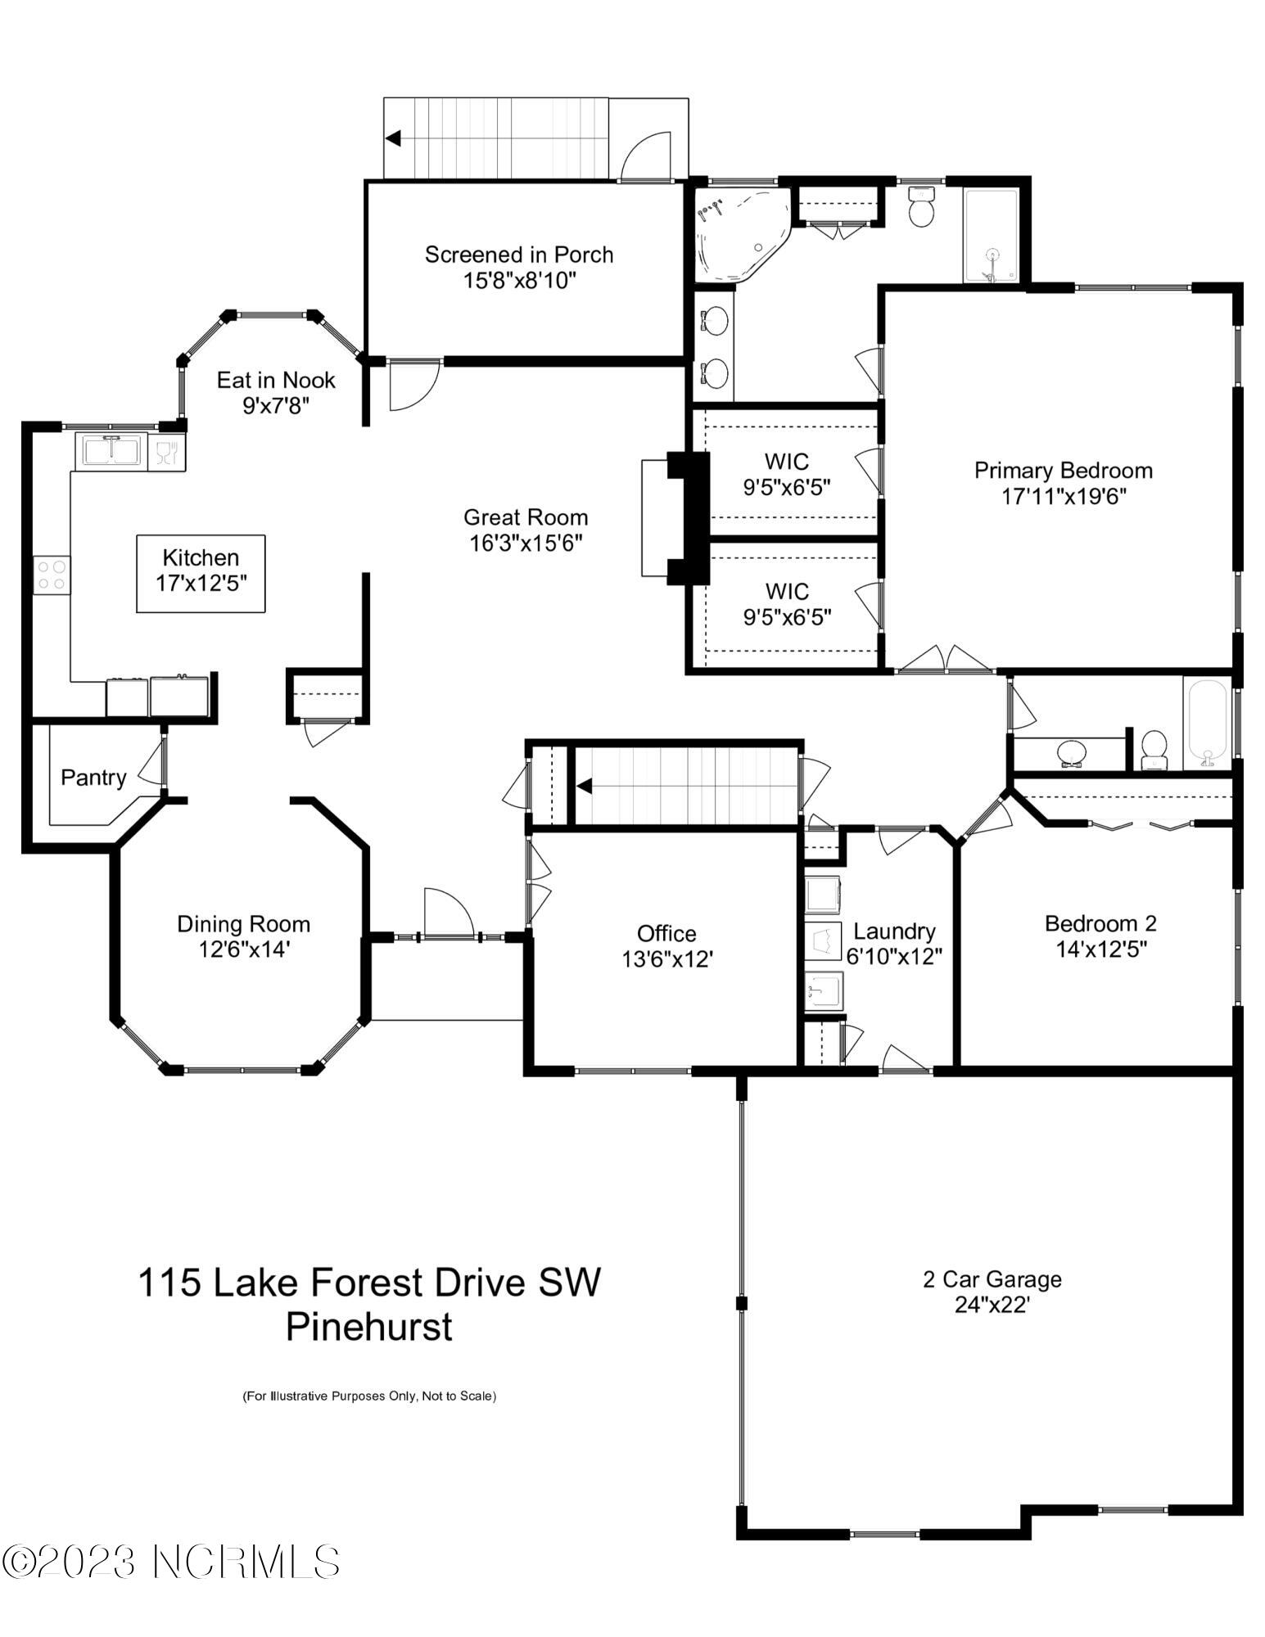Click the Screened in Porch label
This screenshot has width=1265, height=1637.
(x=519, y=255)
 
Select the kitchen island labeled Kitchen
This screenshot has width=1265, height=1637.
(x=201, y=572)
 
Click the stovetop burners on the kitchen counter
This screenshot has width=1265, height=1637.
(x=51, y=573)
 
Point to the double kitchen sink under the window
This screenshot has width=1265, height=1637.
(x=111, y=451)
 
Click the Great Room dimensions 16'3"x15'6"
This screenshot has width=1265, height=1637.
(x=526, y=543)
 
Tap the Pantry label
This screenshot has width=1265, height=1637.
(x=94, y=777)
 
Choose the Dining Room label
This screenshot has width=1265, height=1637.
(x=244, y=924)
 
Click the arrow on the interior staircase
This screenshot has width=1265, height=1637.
(x=585, y=786)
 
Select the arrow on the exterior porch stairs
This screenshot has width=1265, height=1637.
(x=393, y=138)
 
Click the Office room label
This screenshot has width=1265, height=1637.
(x=666, y=933)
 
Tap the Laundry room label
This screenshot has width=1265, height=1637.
(x=894, y=931)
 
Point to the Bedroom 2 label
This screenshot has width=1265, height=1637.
(x=1100, y=923)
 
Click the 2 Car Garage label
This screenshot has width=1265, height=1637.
(x=992, y=1278)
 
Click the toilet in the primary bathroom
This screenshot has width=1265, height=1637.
(x=922, y=210)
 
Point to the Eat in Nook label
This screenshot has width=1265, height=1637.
(x=276, y=380)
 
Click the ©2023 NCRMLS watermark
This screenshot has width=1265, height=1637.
(x=169, y=1561)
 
